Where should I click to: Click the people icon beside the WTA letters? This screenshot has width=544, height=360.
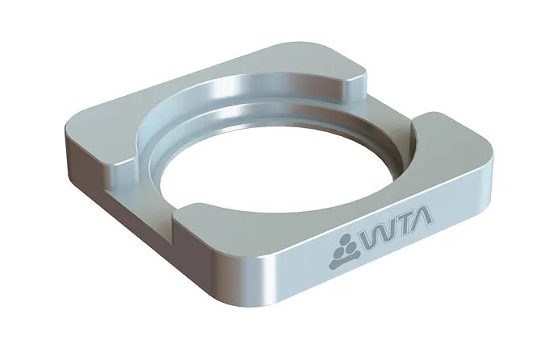point(344,251)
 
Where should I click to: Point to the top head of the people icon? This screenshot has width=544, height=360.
point(345,238)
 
